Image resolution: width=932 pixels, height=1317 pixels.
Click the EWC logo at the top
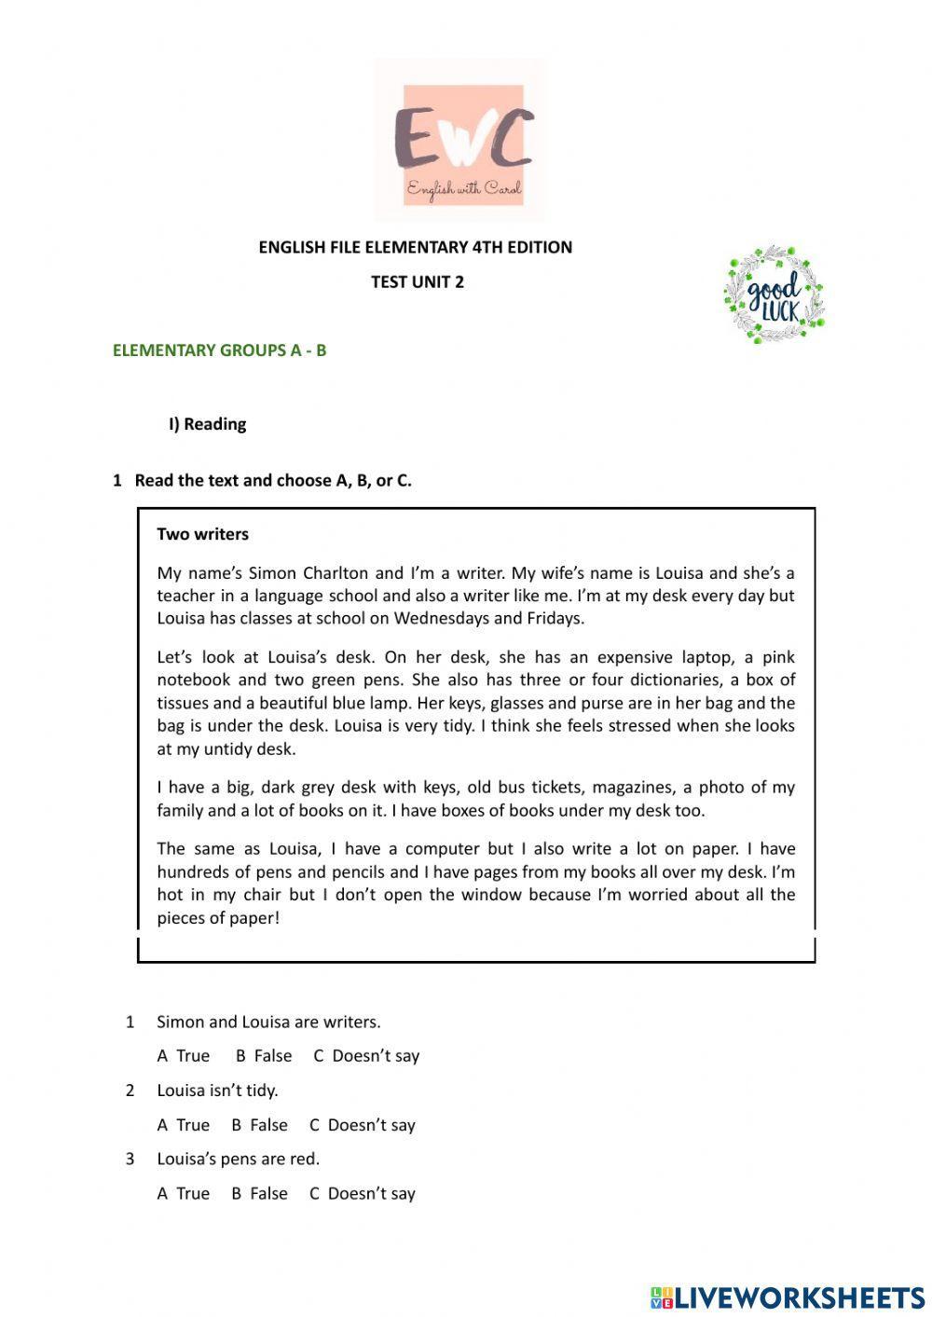[x=460, y=140]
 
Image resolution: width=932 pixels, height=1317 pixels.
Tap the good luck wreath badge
[x=774, y=295]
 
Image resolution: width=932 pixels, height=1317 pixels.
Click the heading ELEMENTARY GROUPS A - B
[x=219, y=350]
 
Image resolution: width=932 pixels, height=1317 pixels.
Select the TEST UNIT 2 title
[x=417, y=281]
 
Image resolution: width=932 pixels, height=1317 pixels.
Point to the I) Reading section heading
[x=207, y=424]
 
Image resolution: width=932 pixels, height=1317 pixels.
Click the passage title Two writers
[x=202, y=534]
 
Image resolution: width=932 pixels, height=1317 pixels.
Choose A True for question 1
[x=184, y=1056]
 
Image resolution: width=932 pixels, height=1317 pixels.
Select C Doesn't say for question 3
[x=362, y=1194]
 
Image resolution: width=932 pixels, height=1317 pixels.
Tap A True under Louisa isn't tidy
[x=184, y=1125]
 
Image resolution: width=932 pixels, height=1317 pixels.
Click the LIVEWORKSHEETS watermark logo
[x=788, y=1296]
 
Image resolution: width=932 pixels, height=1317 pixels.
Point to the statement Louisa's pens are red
[x=238, y=1159]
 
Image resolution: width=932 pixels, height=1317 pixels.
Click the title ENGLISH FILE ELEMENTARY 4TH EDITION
[x=416, y=247]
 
